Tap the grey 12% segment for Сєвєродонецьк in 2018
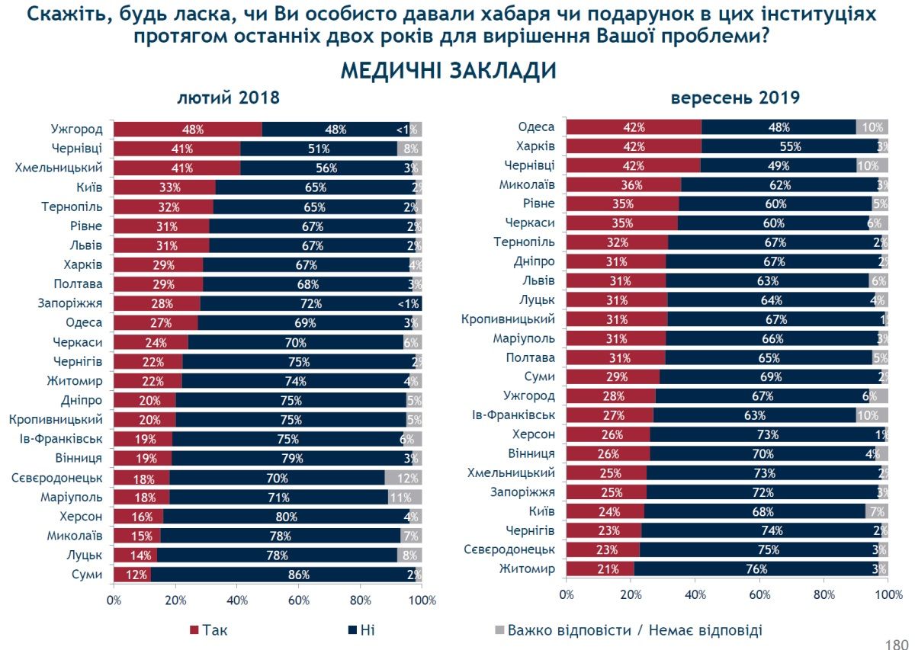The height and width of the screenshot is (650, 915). pyautogui.click(x=403, y=478)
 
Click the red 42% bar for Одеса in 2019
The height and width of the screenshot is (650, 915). pyautogui.click(x=634, y=127)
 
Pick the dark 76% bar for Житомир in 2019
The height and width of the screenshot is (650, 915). pyautogui.click(x=757, y=568)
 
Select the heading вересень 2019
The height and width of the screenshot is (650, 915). pyautogui.click(x=734, y=98)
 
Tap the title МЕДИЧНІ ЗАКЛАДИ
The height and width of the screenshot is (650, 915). pyautogui.click(x=448, y=71)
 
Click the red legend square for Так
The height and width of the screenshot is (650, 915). pyautogui.click(x=194, y=630)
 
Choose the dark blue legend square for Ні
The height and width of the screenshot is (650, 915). pyautogui.click(x=353, y=630)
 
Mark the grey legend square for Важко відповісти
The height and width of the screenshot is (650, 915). pyautogui.click(x=500, y=630)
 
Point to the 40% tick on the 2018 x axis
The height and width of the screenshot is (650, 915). pyautogui.click(x=237, y=600)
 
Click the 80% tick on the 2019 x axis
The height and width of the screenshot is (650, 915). pyautogui.click(x=823, y=594)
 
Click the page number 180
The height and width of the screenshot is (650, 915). pyautogui.click(x=897, y=645)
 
